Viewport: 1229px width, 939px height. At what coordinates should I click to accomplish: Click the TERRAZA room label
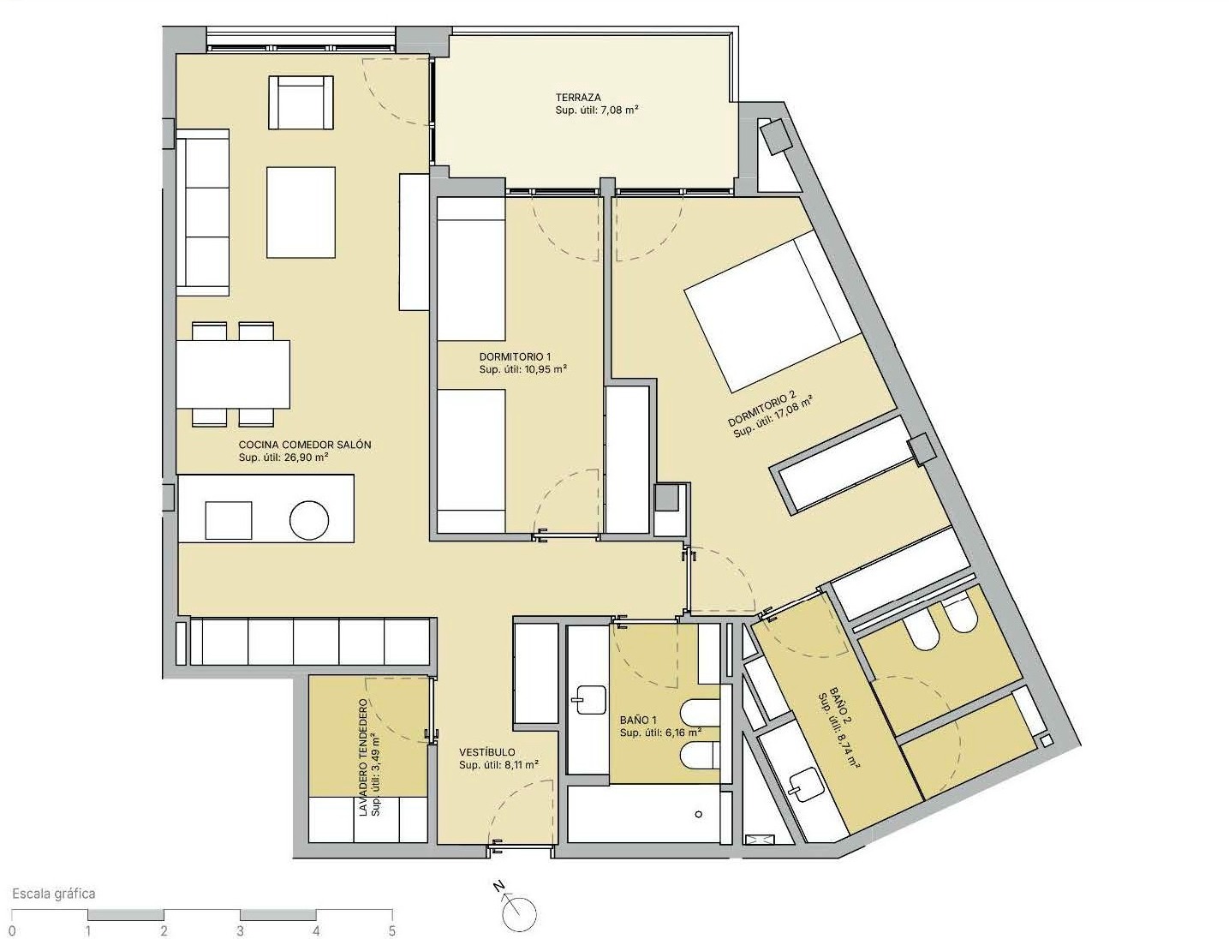578,98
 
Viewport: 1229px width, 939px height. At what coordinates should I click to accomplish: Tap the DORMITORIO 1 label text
515,356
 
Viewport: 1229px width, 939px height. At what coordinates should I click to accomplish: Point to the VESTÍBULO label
487,752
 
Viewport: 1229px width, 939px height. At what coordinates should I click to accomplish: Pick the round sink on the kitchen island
309,521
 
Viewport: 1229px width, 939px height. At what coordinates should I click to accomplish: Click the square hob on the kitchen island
229,521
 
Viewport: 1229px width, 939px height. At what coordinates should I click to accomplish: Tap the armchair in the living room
301,103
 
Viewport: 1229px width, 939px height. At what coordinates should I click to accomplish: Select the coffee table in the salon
301,212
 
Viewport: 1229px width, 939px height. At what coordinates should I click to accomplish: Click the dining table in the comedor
234,374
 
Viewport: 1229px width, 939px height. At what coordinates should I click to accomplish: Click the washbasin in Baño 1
588,700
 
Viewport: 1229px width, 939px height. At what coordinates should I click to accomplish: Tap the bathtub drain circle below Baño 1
698,814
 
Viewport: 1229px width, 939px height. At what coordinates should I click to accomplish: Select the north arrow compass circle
520,914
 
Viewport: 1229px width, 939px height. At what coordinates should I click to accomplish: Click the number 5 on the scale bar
392,931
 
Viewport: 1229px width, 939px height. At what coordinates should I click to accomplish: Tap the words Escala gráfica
54,894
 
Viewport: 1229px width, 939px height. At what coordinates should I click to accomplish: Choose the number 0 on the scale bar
12,931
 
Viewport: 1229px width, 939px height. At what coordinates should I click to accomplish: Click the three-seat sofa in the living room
203,212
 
